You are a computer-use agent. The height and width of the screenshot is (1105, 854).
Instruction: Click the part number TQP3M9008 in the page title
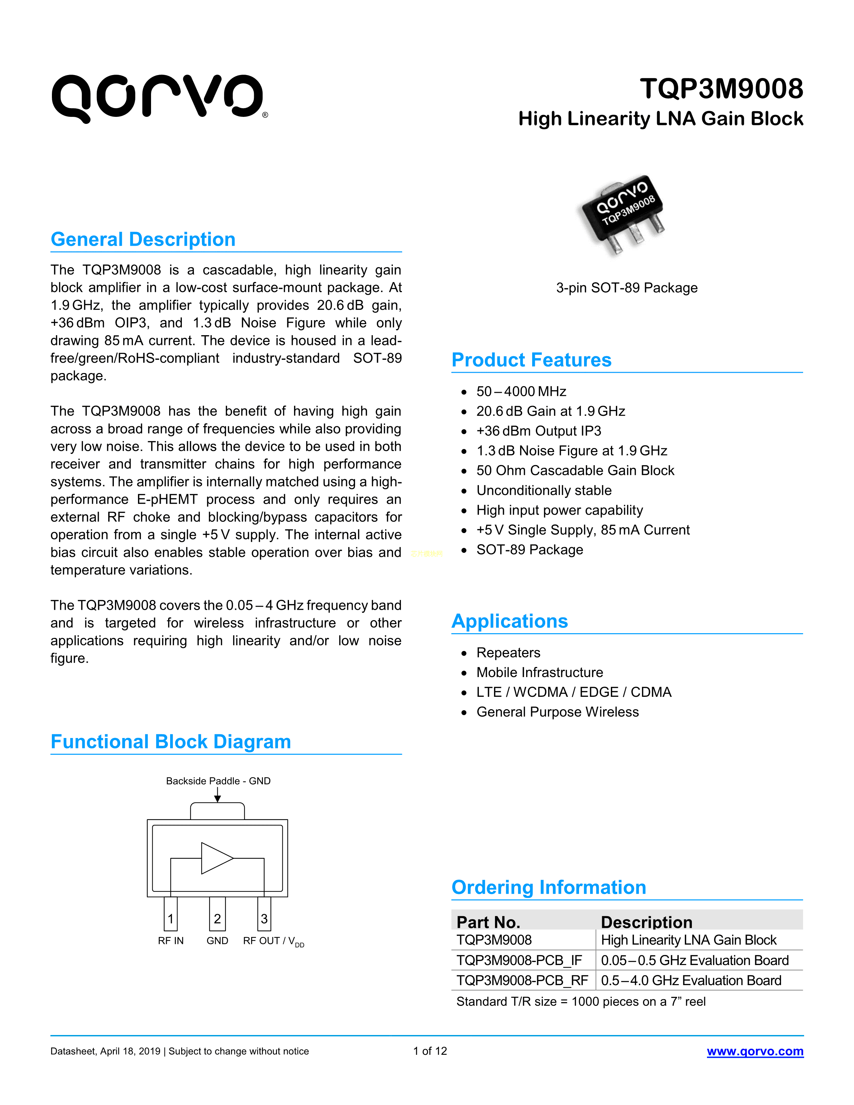(x=721, y=89)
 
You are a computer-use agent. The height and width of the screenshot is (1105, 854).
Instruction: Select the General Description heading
(x=143, y=239)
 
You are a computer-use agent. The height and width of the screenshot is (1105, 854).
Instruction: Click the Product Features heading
(x=531, y=360)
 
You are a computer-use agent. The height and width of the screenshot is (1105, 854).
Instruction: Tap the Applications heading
(x=509, y=621)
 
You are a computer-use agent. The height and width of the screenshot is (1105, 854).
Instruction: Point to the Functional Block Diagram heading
(x=170, y=742)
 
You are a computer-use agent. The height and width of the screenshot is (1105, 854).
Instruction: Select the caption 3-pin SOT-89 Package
(x=626, y=288)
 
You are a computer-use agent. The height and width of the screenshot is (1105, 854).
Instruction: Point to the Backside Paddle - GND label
(x=218, y=781)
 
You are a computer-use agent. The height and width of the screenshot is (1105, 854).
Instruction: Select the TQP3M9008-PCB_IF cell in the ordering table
(x=519, y=960)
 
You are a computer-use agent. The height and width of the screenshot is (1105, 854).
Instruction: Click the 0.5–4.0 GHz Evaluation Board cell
(x=691, y=980)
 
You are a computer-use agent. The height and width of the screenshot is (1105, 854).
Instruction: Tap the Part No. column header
(x=488, y=922)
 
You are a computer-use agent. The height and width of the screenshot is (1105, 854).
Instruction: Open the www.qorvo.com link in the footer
(x=755, y=1051)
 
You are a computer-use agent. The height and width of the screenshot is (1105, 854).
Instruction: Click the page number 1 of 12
(x=430, y=1051)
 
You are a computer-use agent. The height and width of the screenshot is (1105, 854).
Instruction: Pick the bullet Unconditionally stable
(x=544, y=490)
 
